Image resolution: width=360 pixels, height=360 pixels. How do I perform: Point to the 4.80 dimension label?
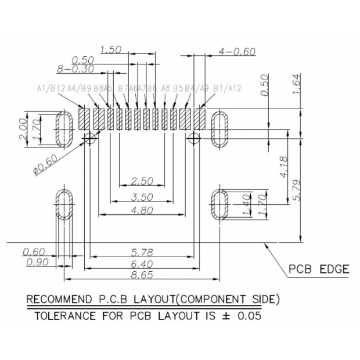[x=142, y=210]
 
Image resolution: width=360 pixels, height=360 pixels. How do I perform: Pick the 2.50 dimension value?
[x=142, y=181]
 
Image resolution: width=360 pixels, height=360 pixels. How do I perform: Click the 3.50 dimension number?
[x=142, y=197]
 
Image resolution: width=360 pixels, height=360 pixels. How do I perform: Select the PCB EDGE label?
[x=319, y=269]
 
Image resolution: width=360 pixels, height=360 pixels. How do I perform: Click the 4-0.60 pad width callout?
[x=236, y=52]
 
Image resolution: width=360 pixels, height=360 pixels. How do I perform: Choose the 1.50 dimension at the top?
[x=111, y=50]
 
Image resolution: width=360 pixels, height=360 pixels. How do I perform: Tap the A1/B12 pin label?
[x=51, y=88]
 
